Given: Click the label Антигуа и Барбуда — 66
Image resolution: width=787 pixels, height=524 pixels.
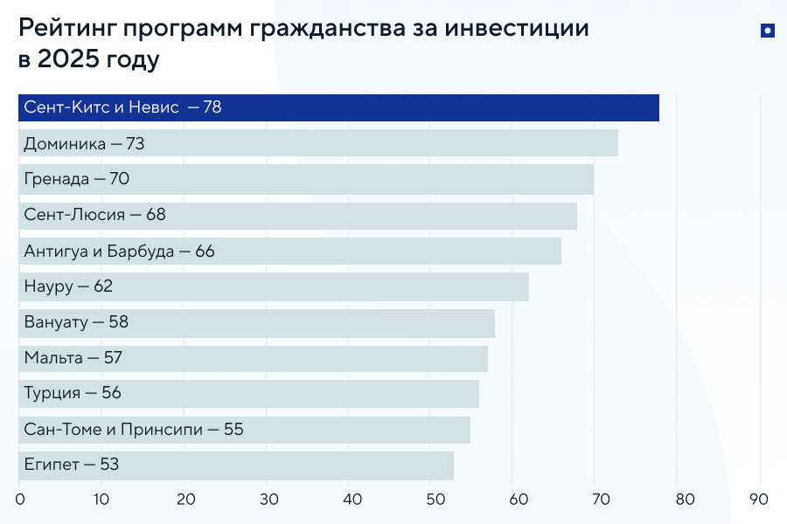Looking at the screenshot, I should tap(119, 252).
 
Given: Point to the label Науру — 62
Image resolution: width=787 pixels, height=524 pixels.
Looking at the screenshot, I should tap(68, 286).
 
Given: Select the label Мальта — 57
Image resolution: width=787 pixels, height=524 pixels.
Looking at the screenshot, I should tap(73, 358).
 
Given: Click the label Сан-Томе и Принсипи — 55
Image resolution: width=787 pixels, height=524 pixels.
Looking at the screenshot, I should tap(134, 430).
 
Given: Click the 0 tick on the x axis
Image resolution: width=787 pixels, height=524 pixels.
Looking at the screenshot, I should tap(19, 500).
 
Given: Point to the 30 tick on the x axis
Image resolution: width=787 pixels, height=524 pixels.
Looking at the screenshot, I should tap(268, 500).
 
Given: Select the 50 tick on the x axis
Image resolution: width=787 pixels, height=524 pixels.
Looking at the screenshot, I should tap(434, 500).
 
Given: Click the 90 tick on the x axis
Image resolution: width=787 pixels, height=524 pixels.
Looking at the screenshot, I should tap(759, 500).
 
